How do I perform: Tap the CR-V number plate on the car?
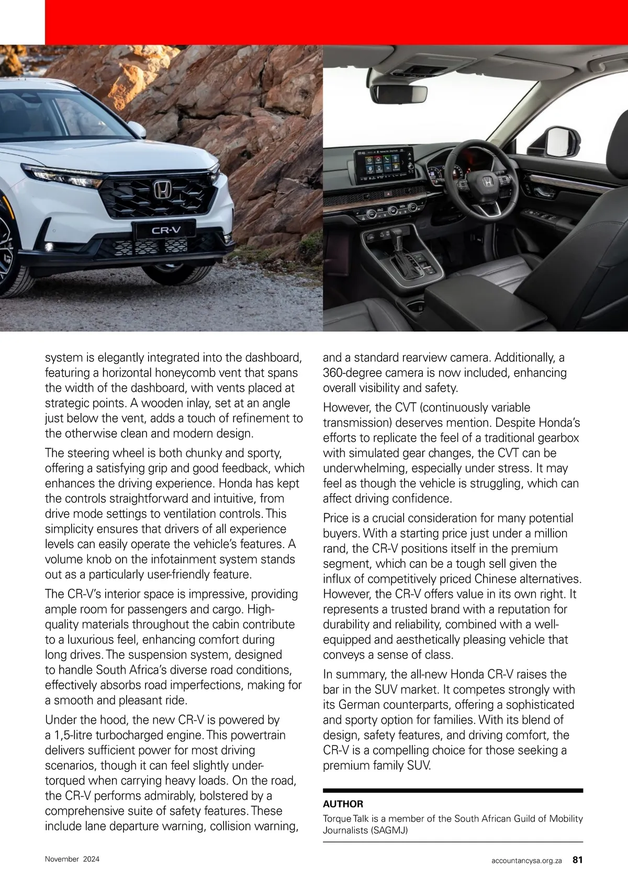[x=164, y=230]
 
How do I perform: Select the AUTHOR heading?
[x=343, y=804]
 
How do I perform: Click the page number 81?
[x=577, y=859]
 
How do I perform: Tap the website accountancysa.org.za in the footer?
[x=527, y=860]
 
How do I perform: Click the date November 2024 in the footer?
[x=72, y=859]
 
